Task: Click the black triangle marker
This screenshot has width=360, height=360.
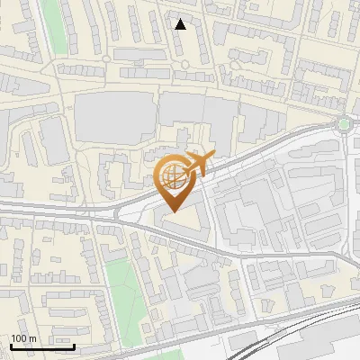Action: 181,24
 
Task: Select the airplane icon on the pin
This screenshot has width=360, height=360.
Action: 198,164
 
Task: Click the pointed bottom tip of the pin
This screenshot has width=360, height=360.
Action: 171,210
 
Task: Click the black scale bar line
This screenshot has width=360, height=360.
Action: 42,346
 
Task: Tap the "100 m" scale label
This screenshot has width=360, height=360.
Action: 23,338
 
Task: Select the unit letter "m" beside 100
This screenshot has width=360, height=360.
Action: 32,338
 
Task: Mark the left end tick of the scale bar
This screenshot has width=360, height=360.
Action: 11,344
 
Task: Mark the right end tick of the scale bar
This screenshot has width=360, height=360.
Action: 74,344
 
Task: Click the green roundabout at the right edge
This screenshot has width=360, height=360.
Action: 343,123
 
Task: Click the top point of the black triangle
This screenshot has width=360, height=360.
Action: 181,19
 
